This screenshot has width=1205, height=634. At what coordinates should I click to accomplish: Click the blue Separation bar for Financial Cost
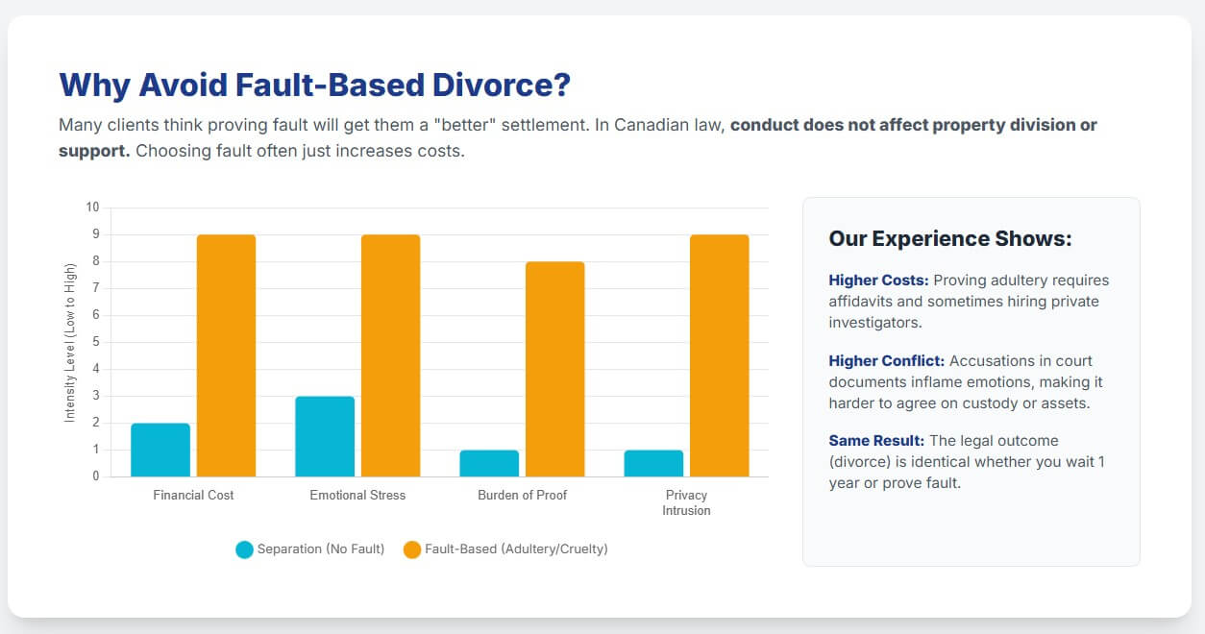[x=160, y=450]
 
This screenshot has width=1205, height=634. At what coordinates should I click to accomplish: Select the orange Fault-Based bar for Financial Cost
[x=226, y=355]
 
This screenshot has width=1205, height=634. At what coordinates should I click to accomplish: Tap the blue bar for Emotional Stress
[x=325, y=436]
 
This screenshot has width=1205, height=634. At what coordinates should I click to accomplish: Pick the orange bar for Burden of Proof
[x=554, y=369]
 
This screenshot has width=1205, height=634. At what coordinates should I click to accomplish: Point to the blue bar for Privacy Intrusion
[x=653, y=463]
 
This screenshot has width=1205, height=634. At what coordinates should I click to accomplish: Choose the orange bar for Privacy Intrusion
[x=719, y=355]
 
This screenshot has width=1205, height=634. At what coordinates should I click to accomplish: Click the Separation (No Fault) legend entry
[x=310, y=549]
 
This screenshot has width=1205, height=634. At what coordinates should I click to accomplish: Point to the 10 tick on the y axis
[x=92, y=207]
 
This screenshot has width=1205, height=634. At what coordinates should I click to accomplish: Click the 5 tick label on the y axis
[x=95, y=342]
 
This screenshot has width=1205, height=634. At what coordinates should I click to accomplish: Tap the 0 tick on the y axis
[x=95, y=476]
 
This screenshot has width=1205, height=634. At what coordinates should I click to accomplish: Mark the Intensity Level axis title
[x=70, y=342]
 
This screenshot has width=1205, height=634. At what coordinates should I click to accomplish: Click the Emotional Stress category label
[x=357, y=496]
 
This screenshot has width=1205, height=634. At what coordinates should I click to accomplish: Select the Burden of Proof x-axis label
[x=522, y=496]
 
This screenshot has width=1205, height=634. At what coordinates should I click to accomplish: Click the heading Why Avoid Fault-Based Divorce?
[x=314, y=85]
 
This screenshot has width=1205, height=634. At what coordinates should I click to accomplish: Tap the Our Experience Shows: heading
[x=949, y=238]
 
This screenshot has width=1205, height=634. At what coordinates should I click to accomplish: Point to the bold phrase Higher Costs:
[x=878, y=280]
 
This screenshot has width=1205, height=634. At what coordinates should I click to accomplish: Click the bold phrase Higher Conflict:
[x=887, y=361]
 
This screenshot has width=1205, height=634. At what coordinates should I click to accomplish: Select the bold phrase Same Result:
[x=876, y=441]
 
